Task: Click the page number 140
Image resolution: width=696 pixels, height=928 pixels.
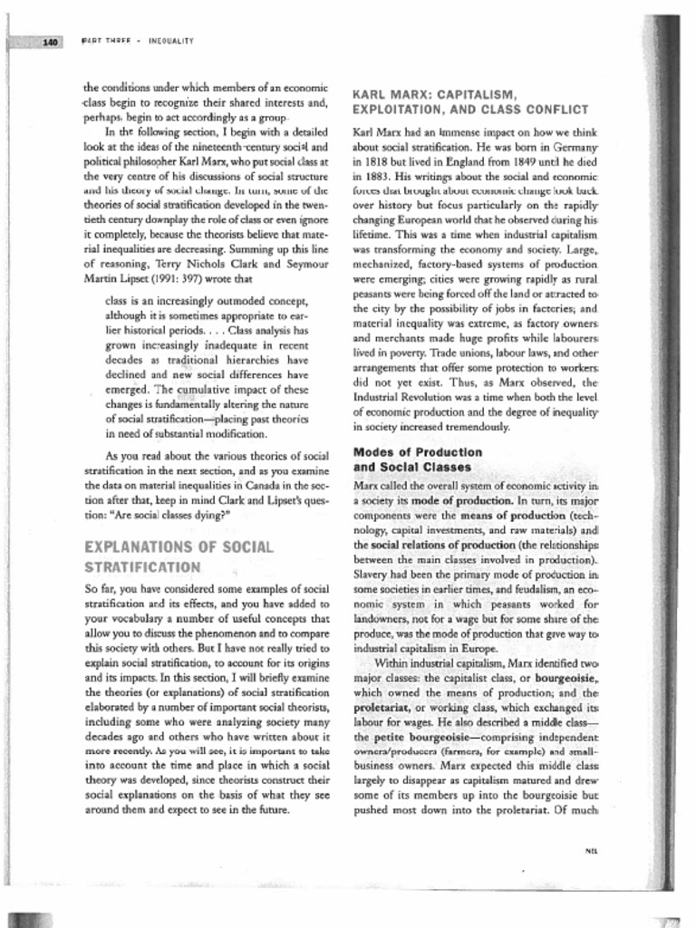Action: coord(50,42)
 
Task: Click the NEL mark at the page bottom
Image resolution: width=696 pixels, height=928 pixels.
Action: coord(592,851)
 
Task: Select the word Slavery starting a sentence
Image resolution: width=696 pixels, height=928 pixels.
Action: coord(372,575)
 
